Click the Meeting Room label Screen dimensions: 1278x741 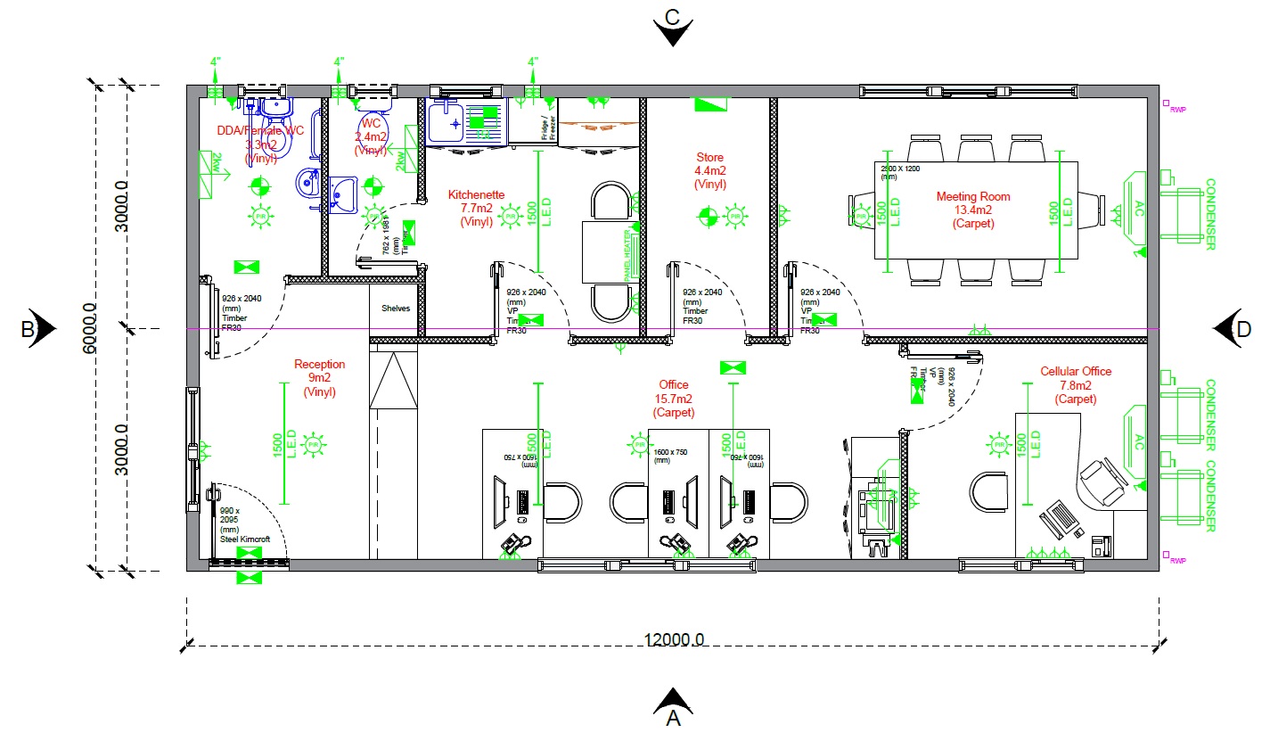coord(972,210)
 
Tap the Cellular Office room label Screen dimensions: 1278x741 coord(1076,385)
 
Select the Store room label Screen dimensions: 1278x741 coord(710,170)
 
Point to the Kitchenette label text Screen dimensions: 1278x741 coord(476,208)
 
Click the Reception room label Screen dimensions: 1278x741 coord(319,377)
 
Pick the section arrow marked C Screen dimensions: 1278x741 coord(673,27)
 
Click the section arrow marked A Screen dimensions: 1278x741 coord(674,704)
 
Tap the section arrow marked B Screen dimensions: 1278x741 coord(37,329)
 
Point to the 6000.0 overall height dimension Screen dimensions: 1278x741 coord(90,328)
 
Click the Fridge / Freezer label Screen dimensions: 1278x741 coord(548,127)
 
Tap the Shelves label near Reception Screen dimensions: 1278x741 coord(396,309)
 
